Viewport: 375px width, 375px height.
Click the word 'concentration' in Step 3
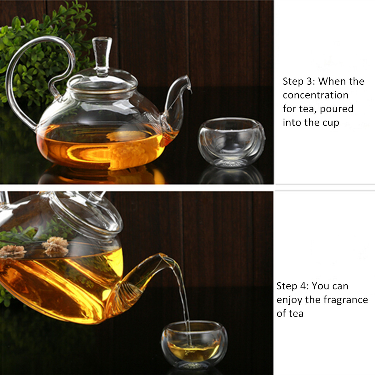click(x=315, y=95)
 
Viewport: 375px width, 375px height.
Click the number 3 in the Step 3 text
click(x=310, y=81)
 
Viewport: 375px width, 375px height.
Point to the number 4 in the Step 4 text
click(x=303, y=286)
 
